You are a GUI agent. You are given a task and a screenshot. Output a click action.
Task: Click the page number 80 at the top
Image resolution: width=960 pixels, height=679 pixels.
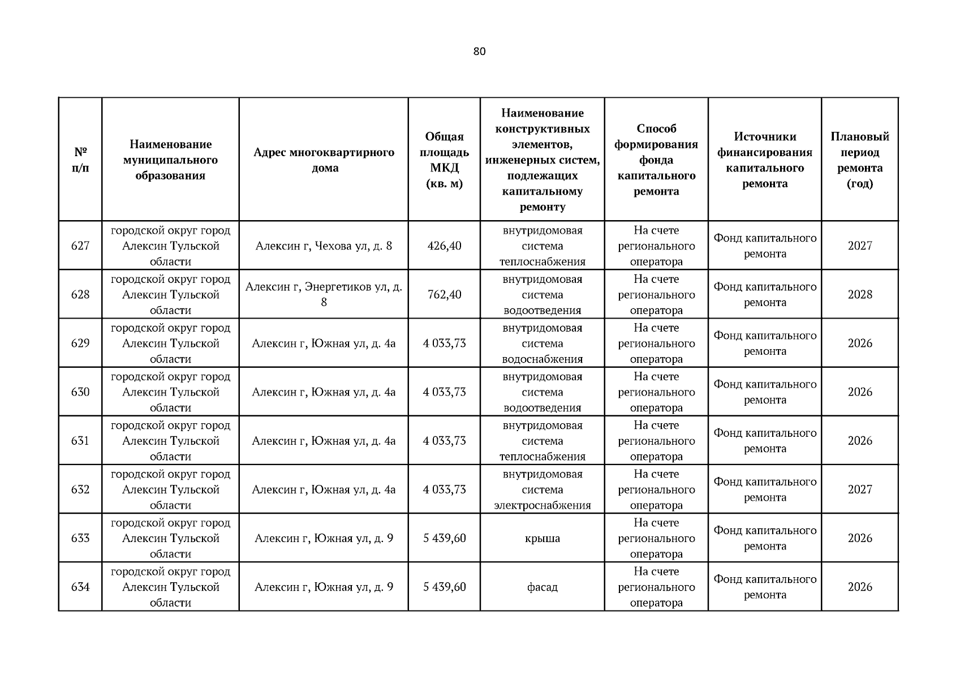click(479, 51)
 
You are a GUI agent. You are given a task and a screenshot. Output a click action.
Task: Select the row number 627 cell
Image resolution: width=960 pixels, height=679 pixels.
click(80, 246)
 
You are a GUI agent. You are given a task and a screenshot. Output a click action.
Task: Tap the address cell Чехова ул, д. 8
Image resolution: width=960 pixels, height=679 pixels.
click(324, 246)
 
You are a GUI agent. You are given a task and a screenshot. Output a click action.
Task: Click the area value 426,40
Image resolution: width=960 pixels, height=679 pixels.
click(444, 246)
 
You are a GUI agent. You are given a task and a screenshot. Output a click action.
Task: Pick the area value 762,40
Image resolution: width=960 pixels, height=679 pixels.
click(444, 294)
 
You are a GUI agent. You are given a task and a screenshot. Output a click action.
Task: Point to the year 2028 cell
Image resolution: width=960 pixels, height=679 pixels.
click(859, 294)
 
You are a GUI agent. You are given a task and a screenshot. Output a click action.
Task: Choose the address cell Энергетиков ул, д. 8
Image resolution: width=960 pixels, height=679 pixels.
click(324, 294)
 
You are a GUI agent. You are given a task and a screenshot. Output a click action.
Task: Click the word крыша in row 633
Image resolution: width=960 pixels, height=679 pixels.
click(542, 538)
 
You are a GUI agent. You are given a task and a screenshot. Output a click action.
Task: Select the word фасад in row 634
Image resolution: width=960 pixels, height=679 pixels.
click(542, 587)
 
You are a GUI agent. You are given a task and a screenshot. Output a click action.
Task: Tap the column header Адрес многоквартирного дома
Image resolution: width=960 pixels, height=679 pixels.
click(324, 160)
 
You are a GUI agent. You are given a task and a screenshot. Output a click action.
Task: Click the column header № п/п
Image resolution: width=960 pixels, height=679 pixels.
click(80, 160)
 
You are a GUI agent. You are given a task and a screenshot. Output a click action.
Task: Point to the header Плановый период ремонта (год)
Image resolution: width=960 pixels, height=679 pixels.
click(859, 160)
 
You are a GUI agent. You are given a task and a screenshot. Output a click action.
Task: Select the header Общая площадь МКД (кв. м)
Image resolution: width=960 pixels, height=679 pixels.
click(444, 160)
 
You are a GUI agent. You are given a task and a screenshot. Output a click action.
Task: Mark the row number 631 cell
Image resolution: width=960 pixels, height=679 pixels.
click(80, 440)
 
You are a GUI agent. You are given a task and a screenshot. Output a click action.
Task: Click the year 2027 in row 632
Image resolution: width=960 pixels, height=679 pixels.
click(859, 489)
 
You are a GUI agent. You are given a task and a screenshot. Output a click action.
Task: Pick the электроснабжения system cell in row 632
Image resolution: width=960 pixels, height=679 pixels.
click(542, 489)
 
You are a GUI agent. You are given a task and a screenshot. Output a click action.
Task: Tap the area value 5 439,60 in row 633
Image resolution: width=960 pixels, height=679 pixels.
click(444, 538)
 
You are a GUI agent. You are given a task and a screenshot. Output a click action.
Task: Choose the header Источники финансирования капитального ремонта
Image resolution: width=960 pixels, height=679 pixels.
click(764, 160)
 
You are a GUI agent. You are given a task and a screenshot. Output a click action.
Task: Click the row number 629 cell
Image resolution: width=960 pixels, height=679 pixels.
click(80, 343)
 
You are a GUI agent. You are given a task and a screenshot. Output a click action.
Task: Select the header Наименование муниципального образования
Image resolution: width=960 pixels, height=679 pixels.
click(170, 160)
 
